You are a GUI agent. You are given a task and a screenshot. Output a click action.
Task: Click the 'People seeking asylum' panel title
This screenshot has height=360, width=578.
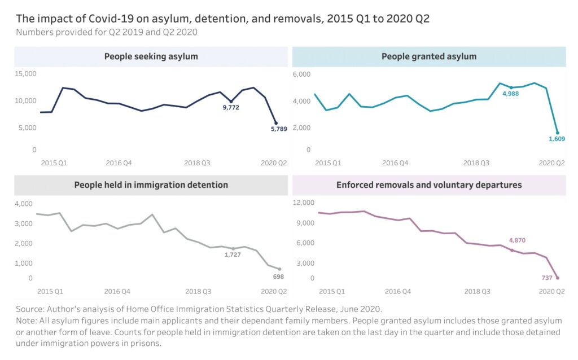coord(151,56)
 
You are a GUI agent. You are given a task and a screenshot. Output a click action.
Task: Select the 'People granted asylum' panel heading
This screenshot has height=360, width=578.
coord(429,56)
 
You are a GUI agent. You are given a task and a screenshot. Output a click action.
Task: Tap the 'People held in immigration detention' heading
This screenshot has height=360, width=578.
coord(151,185)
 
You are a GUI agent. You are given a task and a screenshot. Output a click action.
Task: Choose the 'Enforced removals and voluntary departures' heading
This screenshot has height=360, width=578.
coord(429,185)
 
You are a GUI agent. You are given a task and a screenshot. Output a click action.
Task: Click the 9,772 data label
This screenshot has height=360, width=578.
coord(230,107)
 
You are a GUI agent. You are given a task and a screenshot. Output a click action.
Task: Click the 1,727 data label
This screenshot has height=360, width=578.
coord(233,255)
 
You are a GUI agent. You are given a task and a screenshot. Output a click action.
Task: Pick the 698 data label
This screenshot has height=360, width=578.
coord(278,277)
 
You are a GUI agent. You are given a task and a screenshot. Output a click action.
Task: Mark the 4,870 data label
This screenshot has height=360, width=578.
coord(517,240)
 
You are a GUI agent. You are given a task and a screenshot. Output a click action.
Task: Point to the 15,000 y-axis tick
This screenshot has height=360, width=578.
coord(25,74)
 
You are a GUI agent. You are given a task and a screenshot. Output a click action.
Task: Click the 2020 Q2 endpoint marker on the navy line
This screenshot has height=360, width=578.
coord(276,122)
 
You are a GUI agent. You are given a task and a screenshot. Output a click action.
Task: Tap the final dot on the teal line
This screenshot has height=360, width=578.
coord(558,133)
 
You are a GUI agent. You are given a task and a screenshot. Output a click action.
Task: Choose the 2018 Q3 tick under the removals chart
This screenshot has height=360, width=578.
coord(476,291)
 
